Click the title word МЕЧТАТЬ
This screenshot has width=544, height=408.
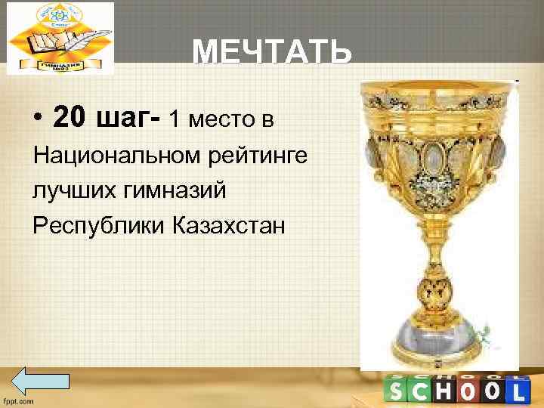272,53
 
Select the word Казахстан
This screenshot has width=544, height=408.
229,225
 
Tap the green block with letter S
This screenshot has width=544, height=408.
397,391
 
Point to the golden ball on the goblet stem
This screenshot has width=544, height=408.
438,292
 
